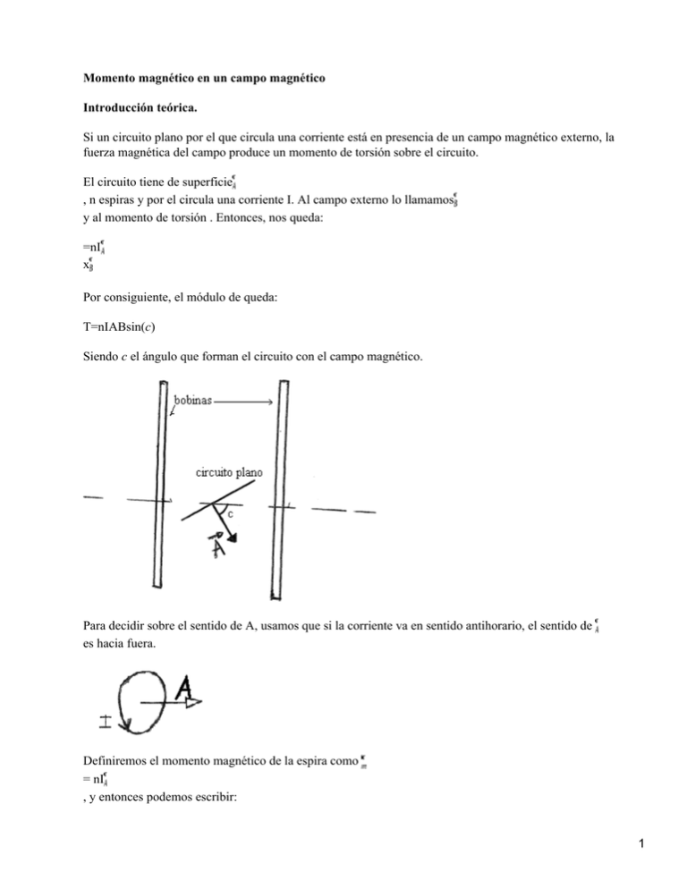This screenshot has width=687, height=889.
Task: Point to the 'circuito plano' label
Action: coord(225,471)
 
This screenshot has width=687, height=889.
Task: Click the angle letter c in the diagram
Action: coord(229,516)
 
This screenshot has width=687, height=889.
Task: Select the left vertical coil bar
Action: coord(161,492)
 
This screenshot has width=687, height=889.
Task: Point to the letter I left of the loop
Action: coord(106,720)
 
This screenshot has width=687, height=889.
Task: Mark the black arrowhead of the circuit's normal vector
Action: coord(233,539)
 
